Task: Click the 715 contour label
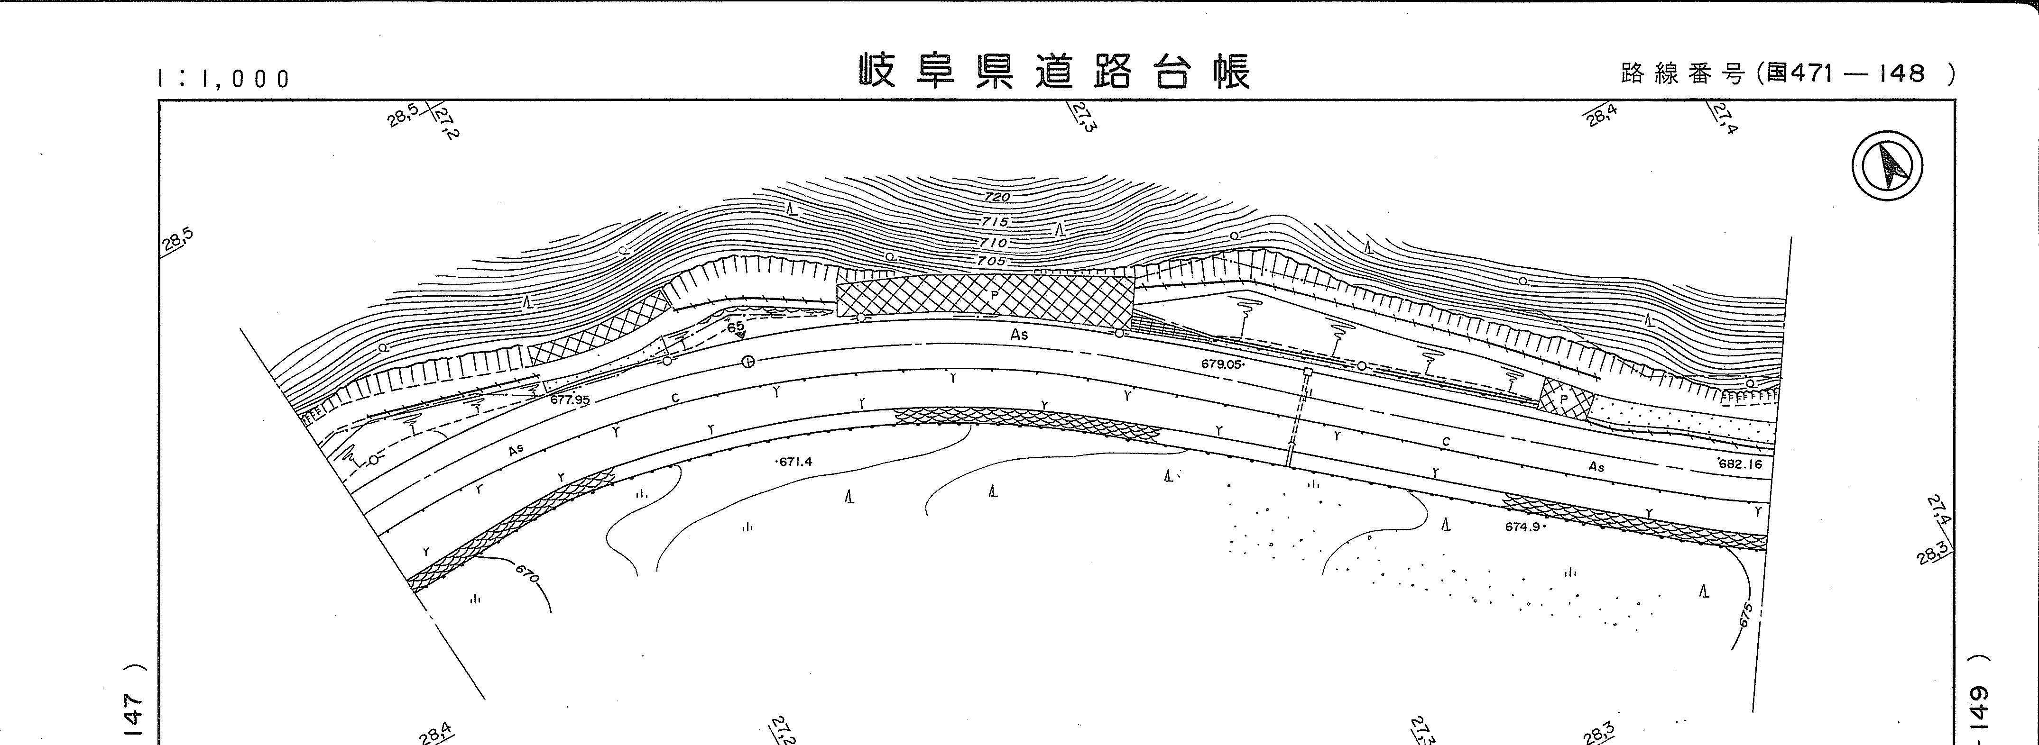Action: [x=995, y=222]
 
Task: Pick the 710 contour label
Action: [x=993, y=242]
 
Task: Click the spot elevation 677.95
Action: [x=570, y=400]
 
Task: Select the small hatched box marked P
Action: [x=1565, y=400]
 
